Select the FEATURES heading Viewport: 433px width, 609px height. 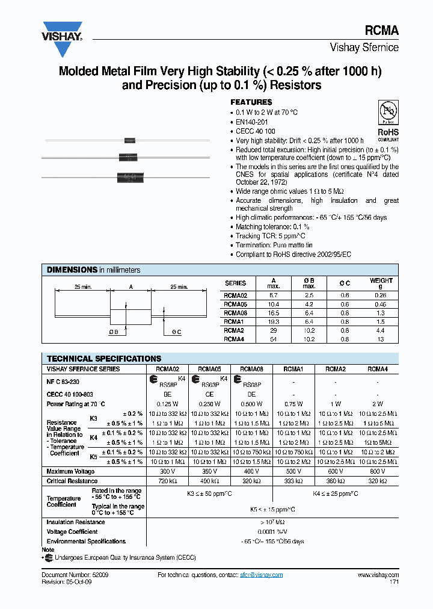[251, 102]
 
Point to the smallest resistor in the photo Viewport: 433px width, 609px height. [129, 141]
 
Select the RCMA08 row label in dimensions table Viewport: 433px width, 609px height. [235, 313]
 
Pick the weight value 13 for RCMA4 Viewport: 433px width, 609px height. [381, 339]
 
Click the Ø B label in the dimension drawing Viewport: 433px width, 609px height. [114, 332]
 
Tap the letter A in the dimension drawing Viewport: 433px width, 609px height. [131, 287]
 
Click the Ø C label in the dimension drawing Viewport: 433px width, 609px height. [176, 332]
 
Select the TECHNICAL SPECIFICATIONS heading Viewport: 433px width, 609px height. [104, 358]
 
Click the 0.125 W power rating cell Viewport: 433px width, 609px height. [168, 404]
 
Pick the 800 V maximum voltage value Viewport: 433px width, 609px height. [376, 471]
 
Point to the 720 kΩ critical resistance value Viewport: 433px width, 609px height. [168, 481]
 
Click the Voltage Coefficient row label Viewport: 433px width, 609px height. [72, 532]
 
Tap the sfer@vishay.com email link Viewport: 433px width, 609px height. [260, 575]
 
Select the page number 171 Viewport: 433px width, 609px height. [393, 582]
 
